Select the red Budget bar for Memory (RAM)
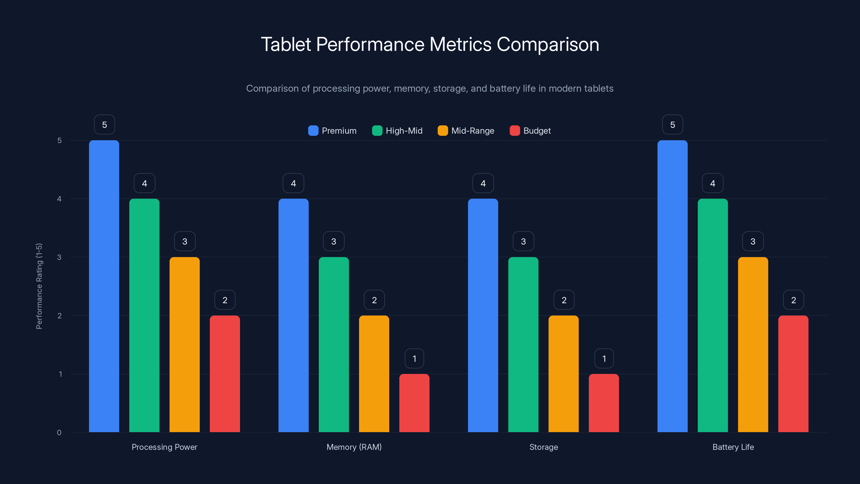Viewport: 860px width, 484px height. click(414, 403)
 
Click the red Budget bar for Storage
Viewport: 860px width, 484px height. click(604, 403)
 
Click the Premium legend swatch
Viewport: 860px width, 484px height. click(313, 131)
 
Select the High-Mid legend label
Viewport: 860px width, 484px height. click(404, 131)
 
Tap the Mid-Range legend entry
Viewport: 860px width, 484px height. click(466, 131)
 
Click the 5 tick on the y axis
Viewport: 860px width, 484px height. click(59, 140)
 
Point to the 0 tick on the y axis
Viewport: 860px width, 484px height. click(59, 433)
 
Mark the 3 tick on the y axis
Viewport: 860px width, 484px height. click(59, 257)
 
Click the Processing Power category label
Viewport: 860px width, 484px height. click(164, 447)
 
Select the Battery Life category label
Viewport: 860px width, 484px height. click(733, 447)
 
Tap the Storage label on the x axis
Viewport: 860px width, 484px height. click(543, 447)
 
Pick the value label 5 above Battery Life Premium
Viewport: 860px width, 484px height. click(672, 124)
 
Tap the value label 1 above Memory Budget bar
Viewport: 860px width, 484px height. click(414, 358)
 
